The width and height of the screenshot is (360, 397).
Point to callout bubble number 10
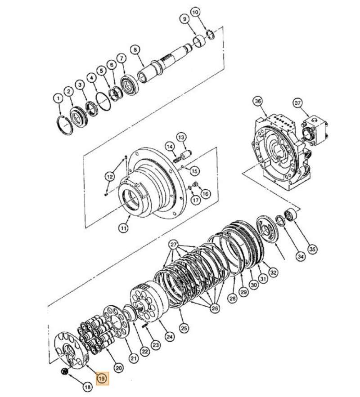[194, 12]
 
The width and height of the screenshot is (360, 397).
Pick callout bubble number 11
[123, 228]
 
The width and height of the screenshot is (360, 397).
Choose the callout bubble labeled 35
[312, 248]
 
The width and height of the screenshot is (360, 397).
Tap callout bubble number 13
[181, 136]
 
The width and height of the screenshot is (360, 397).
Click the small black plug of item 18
[64, 371]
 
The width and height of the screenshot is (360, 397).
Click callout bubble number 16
[206, 194]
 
